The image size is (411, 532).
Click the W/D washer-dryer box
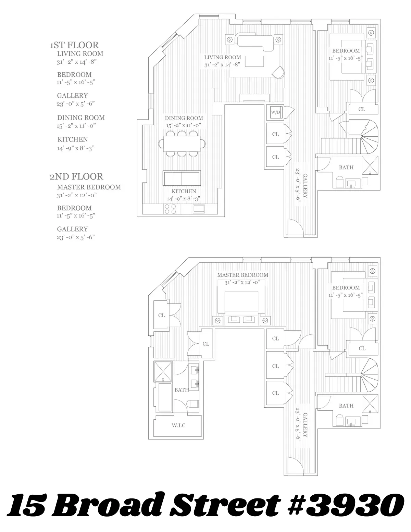[x=275, y=112]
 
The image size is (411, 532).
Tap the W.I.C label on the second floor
[x=179, y=425]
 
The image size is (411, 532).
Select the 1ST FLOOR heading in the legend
[x=74, y=45]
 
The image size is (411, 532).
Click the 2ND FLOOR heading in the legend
[x=76, y=176]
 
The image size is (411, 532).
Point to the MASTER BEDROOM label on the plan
[x=242, y=275]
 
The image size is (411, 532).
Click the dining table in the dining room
[x=182, y=143]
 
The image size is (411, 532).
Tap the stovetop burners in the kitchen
[x=170, y=209]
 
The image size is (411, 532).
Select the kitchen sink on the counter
[x=199, y=209]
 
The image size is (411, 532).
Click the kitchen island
[x=182, y=178]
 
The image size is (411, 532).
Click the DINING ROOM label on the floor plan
[x=184, y=118]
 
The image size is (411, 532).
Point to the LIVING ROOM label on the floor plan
[x=223, y=58]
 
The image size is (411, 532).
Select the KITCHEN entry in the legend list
[x=73, y=139]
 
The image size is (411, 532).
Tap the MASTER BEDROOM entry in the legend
[x=89, y=187]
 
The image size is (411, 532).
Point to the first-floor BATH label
[x=346, y=168]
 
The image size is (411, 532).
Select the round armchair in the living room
[x=278, y=72]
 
